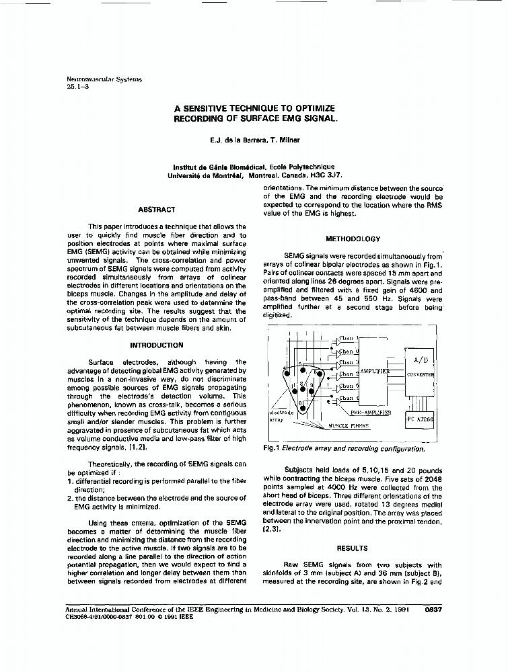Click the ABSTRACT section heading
[x=156, y=210]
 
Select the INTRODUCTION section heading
[x=156, y=345]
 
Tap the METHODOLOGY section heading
[x=353, y=239]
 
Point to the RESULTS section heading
[x=352, y=548]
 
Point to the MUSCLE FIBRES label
[x=349, y=426]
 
